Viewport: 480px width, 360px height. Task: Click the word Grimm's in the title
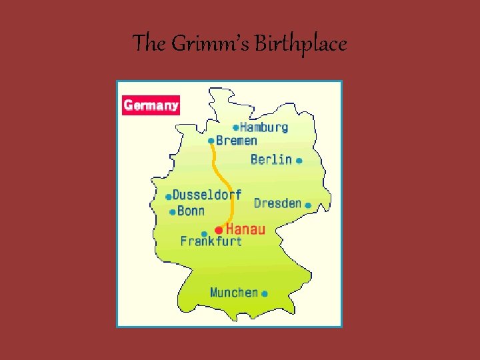point(211,44)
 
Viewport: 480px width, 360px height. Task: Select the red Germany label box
point(151,105)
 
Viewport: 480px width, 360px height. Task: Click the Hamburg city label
point(264,127)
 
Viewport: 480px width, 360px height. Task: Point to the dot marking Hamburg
point(235,127)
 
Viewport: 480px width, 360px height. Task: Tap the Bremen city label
point(237,141)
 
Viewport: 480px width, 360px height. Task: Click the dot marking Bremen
point(211,141)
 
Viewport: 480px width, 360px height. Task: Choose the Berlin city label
point(271,159)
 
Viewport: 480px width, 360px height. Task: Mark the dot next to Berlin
point(299,161)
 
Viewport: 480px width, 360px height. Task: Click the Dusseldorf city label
point(207,195)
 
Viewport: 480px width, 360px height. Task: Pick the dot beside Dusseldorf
point(168,197)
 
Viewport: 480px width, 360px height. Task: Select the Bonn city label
point(191,211)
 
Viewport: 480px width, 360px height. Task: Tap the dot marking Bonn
point(173,212)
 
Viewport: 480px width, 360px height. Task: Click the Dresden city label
point(277,203)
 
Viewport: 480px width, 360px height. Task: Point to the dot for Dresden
point(308,205)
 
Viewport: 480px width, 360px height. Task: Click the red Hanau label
point(245,229)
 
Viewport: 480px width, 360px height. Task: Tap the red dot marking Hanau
point(219,230)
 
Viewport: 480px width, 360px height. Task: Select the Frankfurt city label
point(211,241)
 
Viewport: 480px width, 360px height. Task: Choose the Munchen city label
point(234,292)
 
